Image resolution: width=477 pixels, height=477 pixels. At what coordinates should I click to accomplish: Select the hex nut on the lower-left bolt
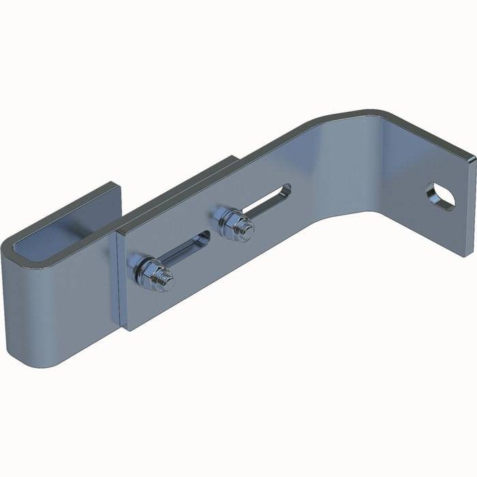[151, 273]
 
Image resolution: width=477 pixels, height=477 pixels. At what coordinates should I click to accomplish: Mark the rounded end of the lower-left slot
[204, 238]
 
